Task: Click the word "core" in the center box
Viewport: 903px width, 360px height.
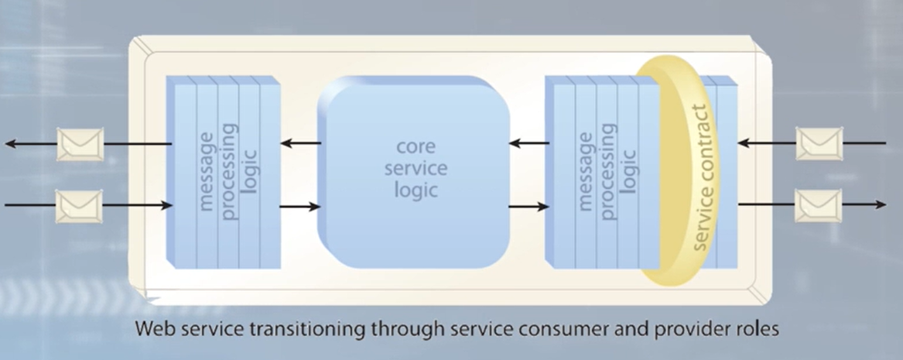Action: (415, 145)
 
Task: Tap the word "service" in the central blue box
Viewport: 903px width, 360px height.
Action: (415, 167)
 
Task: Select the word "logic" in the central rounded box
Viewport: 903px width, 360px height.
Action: (415, 189)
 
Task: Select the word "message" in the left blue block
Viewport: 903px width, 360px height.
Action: (207, 172)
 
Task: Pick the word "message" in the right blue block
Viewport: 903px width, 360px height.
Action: (585, 172)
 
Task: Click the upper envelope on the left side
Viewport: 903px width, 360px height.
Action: (80, 144)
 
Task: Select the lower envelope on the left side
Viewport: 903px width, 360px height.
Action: (80, 206)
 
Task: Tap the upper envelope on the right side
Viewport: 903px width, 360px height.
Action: (819, 144)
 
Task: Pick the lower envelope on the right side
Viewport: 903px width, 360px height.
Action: (819, 205)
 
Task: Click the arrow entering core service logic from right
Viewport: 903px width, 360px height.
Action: (528, 143)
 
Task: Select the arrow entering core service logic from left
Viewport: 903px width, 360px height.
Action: (299, 207)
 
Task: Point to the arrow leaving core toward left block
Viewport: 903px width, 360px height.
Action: (300, 143)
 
